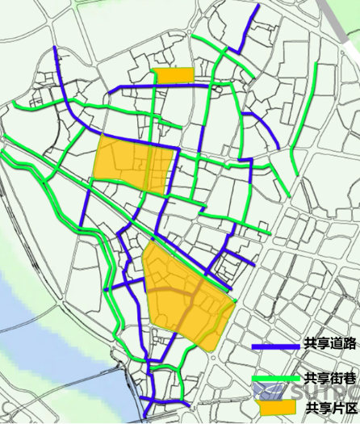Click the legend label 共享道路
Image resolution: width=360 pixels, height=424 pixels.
[x=330, y=344]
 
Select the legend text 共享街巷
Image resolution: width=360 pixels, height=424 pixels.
[x=330, y=378]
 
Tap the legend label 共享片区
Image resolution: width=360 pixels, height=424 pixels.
[x=330, y=407]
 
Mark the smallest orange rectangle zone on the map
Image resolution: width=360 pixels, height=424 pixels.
[x=174, y=75]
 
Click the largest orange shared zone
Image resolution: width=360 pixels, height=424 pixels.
[x=186, y=295]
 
